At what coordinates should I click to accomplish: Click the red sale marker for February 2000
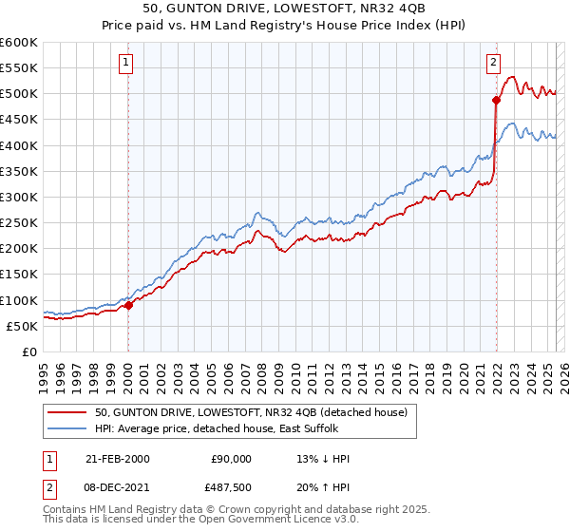coord(129,305)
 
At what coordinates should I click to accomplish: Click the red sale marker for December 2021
coord(496,100)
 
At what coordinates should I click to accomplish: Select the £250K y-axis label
coord(19,223)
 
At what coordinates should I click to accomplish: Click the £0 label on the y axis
coord(30,351)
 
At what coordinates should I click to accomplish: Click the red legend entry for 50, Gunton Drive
coord(251,412)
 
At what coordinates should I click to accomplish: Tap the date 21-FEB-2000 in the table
coord(117,459)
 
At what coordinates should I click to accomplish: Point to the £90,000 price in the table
coord(231,459)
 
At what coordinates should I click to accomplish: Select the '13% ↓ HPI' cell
coord(324,459)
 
